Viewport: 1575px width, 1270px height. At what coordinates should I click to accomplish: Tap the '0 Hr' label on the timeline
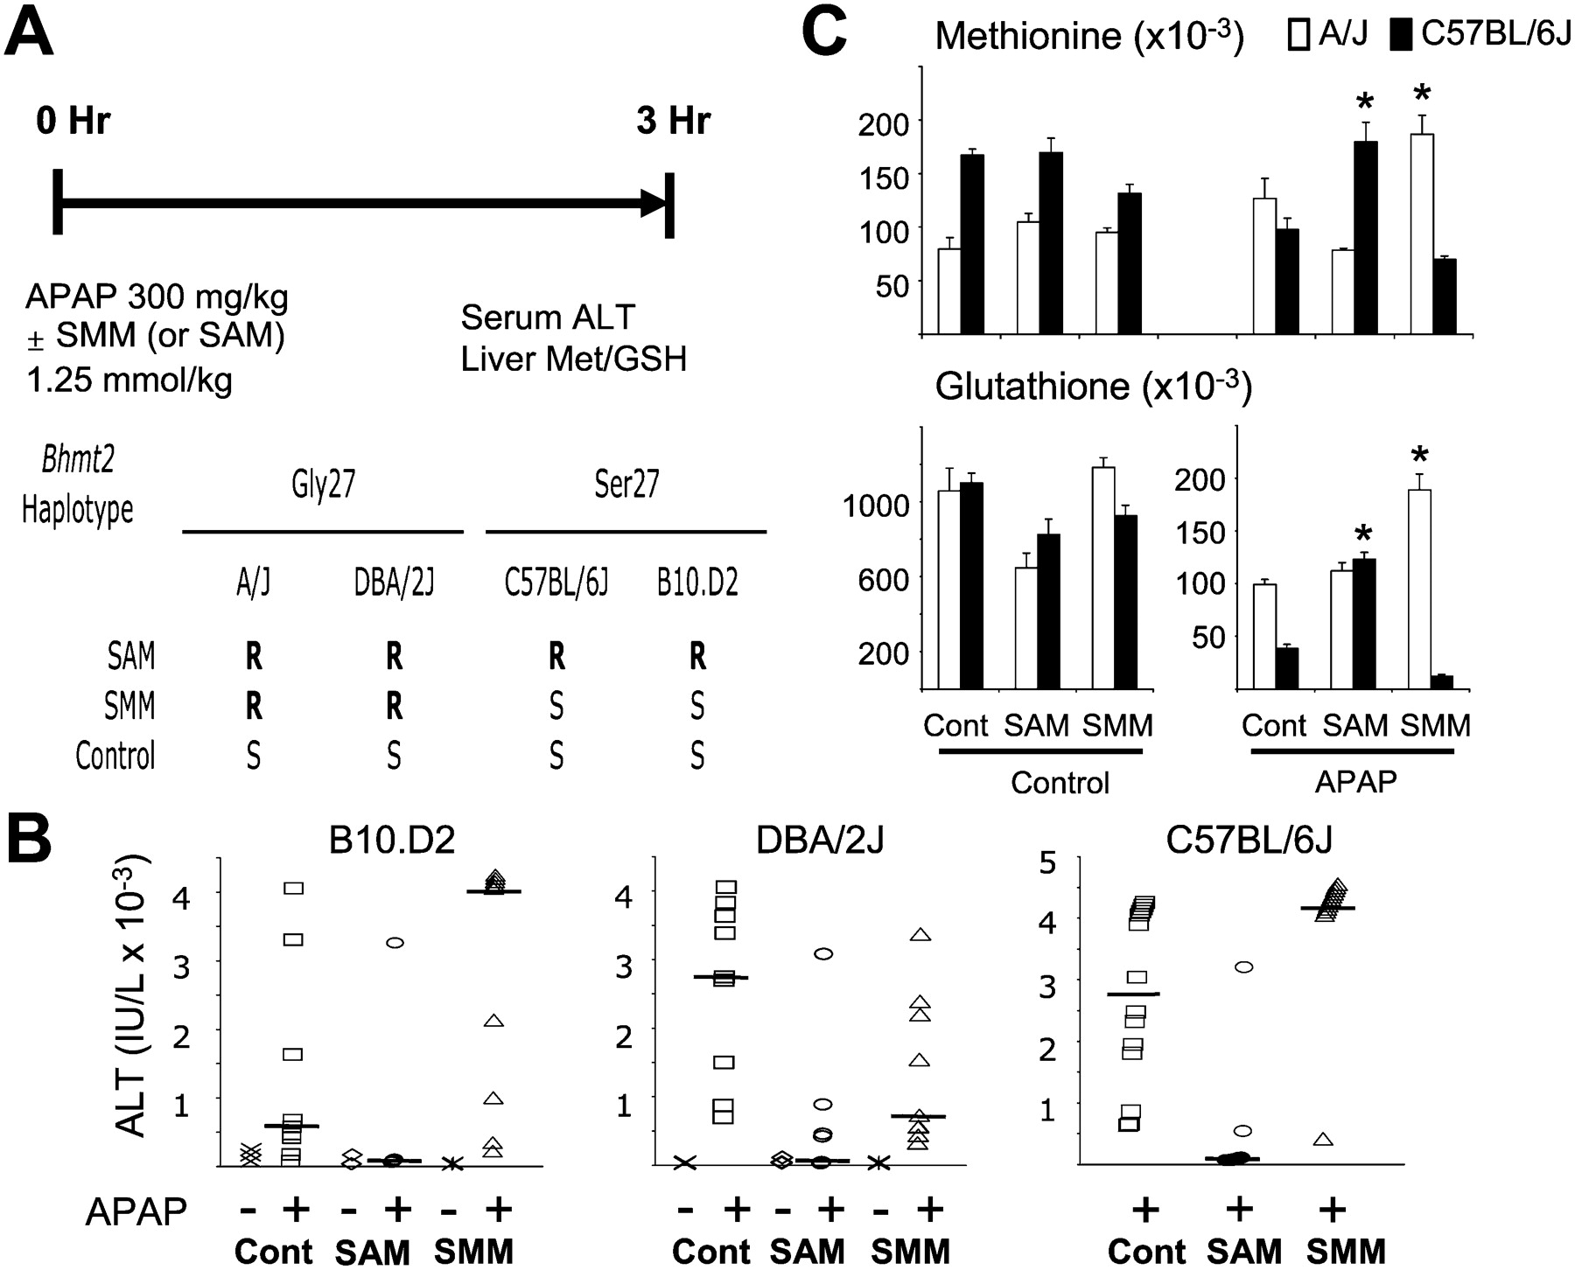[73, 121]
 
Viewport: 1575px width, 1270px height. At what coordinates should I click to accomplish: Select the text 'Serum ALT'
[548, 317]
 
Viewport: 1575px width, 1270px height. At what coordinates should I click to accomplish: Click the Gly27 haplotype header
[324, 485]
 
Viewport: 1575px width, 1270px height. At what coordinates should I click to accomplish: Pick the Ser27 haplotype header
[626, 485]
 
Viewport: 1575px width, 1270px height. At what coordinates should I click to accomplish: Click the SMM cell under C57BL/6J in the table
[556, 706]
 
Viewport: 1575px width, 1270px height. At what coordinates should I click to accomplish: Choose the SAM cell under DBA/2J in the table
[395, 656]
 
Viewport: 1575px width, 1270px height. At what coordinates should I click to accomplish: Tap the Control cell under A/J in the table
[253, 756]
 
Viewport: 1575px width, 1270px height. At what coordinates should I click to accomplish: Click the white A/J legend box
[1299, 35]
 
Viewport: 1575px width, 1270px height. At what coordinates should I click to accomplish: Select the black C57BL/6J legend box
[1401, 35]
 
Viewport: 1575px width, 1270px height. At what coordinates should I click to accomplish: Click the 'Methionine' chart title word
[1015, 36]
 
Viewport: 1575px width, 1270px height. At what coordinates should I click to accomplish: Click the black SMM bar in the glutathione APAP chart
[1441, 681]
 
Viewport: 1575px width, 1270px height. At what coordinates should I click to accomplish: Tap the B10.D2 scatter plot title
[391, 841]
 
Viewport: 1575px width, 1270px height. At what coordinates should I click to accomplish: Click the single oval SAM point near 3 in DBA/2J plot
[822, 953]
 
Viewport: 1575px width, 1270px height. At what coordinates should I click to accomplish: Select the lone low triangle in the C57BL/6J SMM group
[1323, 1139]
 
